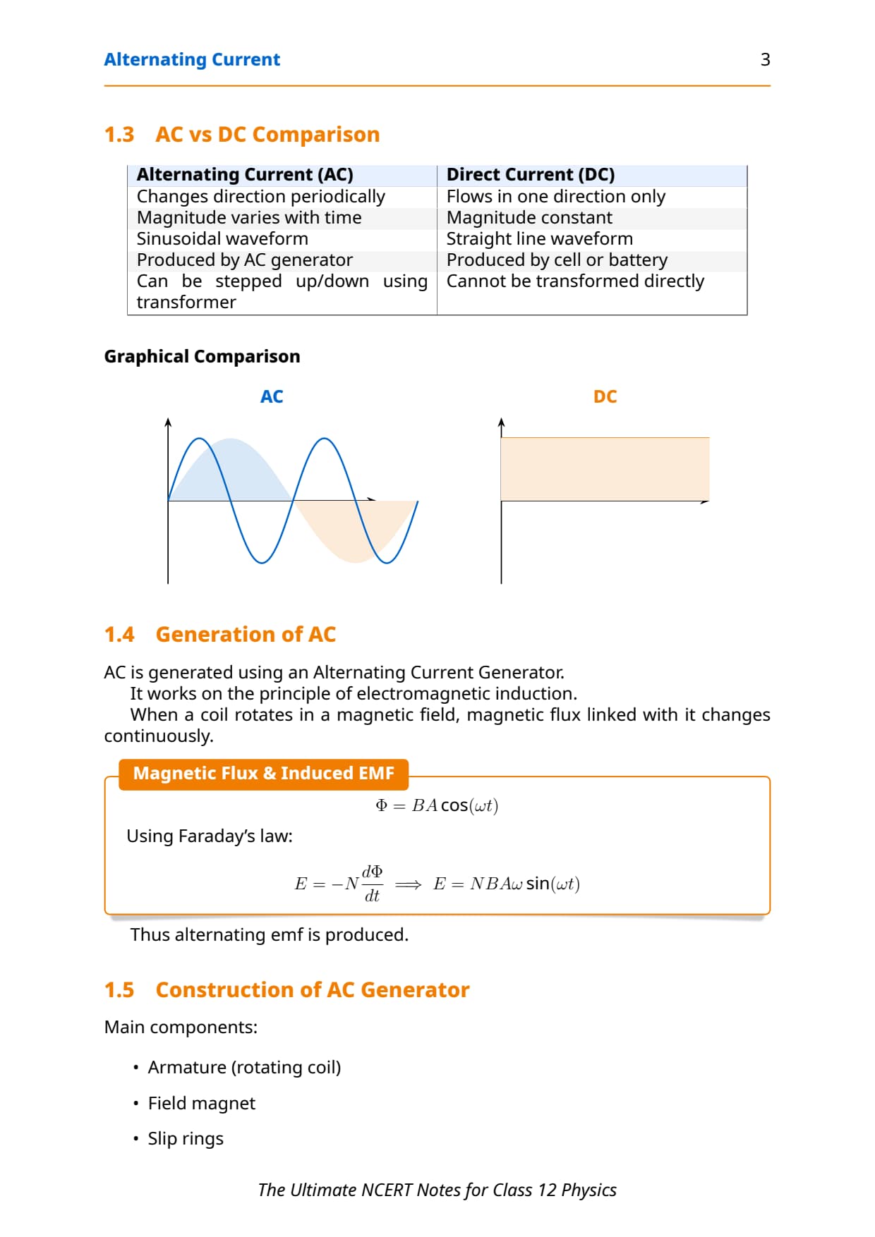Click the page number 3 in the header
[765, 60]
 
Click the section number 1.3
[119, 135]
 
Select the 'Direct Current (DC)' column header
[530, 175]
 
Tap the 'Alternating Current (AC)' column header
[245, 175]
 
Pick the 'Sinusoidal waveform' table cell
[222, 239]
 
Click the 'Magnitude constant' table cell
[529, 218]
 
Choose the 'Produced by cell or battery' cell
[557, 260]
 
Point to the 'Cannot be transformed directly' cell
[575, 281]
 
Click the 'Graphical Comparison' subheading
[202, 357]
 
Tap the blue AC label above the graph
[272, 397]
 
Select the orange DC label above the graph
[605, 397]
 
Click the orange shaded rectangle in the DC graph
[605, 469]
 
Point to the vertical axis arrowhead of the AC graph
[168, 422]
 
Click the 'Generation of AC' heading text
[246, 635]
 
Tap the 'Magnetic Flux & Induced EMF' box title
[263, 774]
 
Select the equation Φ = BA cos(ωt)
[437, 805]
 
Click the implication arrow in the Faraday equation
[408, 884]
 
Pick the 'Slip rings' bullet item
[185, 1139]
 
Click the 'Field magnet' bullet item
[201, 1104]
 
